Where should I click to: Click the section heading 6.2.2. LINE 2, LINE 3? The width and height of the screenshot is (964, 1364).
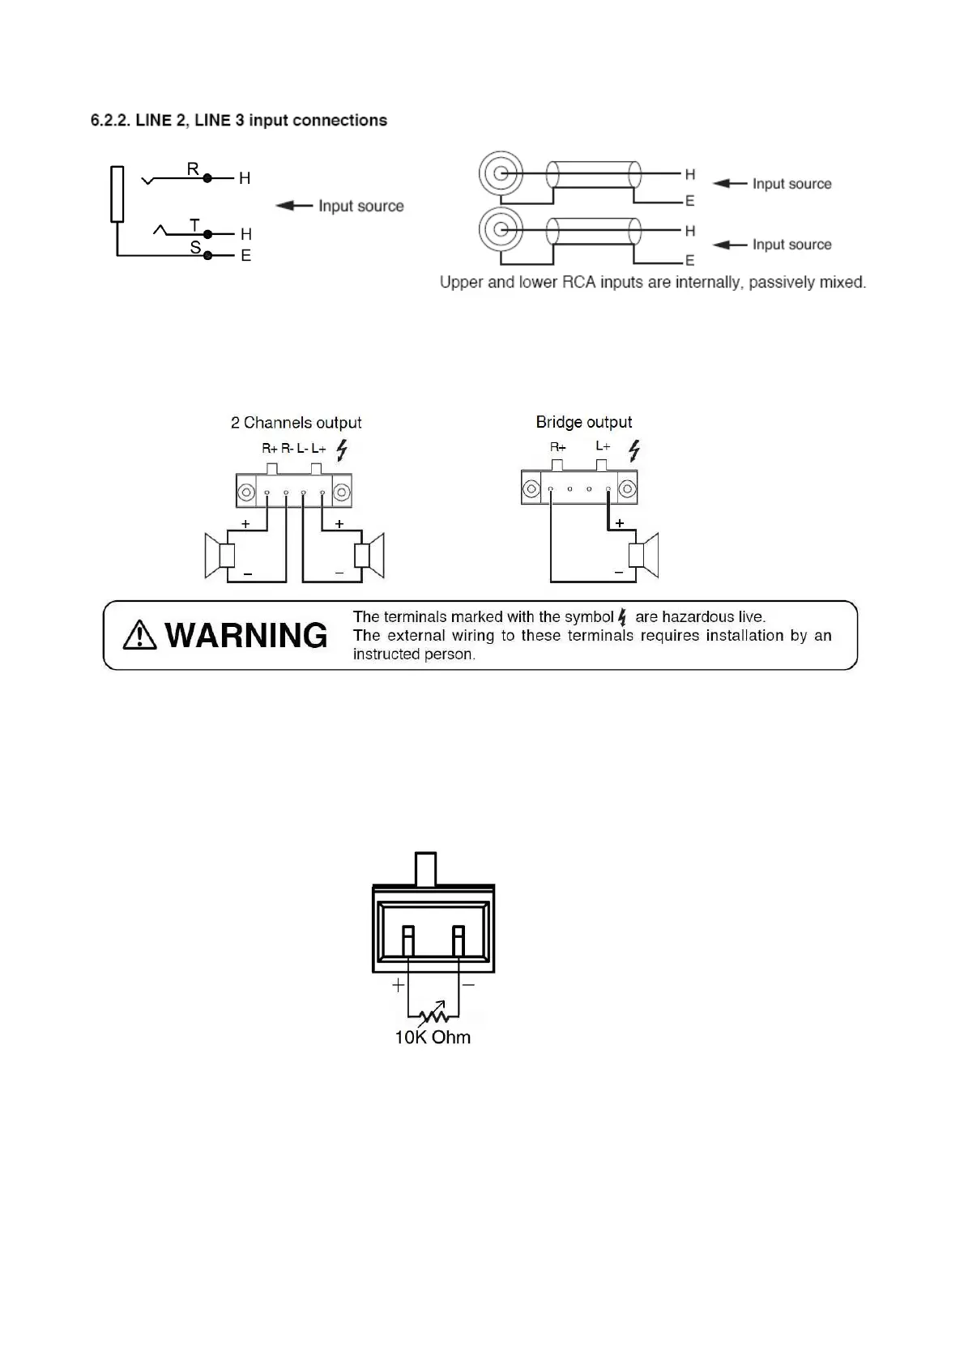238,121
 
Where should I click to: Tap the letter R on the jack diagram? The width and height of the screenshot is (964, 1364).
193,168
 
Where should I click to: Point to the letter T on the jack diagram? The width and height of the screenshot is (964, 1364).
194,224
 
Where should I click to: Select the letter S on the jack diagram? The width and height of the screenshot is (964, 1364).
195,247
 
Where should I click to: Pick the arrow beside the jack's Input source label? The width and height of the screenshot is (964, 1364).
294,206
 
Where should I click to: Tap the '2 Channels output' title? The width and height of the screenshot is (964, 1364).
296,423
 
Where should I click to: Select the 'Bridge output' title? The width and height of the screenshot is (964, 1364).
583,422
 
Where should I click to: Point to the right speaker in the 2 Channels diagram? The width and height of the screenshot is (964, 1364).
369,555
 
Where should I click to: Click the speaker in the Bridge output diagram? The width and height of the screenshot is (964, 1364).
644,555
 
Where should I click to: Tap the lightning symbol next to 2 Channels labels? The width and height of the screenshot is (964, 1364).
342,450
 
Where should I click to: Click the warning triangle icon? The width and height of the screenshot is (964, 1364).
139,635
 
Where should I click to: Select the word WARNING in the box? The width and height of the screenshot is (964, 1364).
246,636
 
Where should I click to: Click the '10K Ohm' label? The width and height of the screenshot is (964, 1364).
432,1038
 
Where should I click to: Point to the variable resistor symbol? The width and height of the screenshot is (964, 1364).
433,1013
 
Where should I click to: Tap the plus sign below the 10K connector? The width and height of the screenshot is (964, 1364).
398,986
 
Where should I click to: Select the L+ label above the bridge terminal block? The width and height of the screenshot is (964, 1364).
603,446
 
